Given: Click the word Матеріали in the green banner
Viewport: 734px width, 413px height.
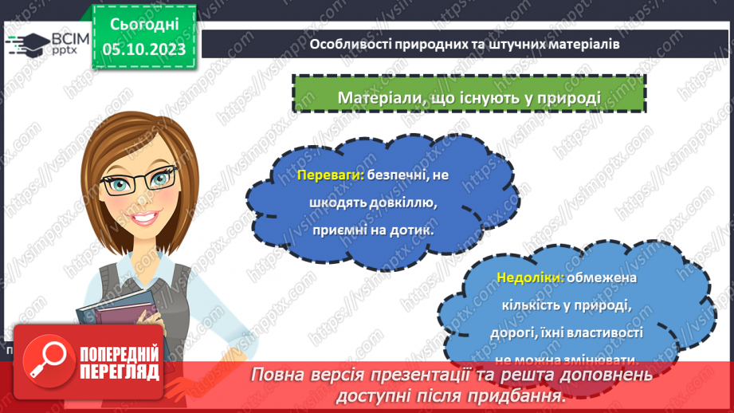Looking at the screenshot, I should (378, 96).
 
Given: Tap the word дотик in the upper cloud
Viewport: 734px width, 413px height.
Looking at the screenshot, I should (413, 230).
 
